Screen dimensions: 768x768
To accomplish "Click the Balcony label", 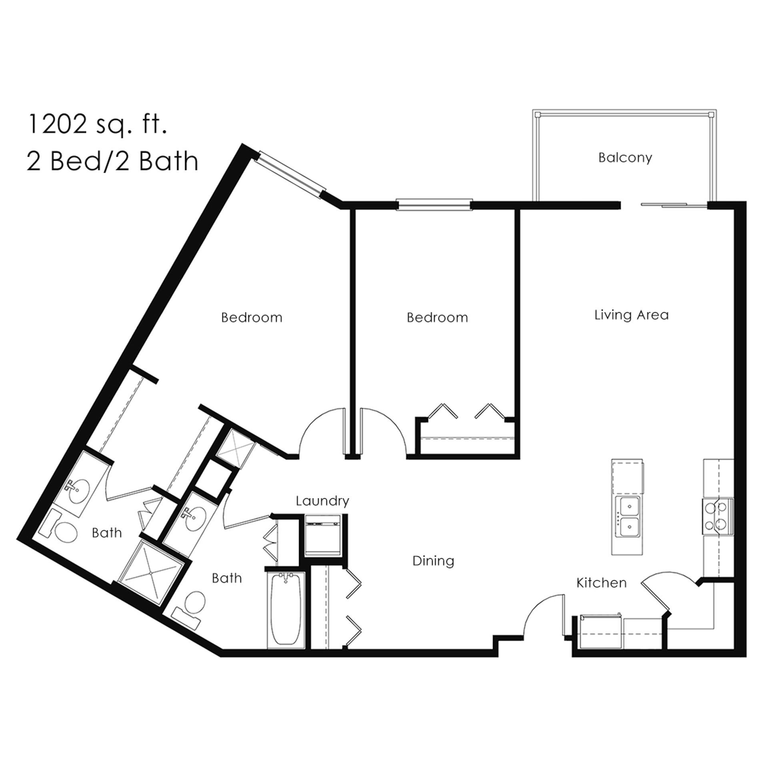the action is (x=625, y=158).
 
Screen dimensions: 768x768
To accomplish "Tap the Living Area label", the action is (x=632, y=315).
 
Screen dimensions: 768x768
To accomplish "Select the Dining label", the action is (x=433, y=561).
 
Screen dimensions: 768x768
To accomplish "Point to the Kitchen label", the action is (x=601, y=583).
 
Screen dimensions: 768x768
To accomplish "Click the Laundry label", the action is (x=322, y=501).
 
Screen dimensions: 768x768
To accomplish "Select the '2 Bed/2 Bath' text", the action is (x=112, y=161).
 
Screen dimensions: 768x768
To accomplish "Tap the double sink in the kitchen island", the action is (x=629, y=517).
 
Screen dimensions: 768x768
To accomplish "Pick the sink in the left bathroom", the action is (x=78, y=494).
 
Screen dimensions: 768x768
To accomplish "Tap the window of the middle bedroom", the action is (x=434, y=205).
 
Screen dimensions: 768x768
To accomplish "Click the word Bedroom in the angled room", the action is (x=252, y=318).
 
